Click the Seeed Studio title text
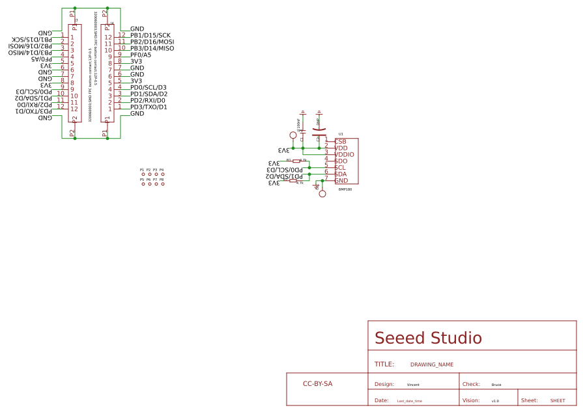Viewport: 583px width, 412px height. [x=428, y=338]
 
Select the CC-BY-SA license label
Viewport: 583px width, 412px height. [x=317, y=384]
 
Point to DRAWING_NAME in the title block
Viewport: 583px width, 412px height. [x=431, y=364]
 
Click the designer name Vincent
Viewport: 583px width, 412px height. [x=413, y=385]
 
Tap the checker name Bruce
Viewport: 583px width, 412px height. [x=496, y=385]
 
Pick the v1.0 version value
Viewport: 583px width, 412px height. [x=495, y=401]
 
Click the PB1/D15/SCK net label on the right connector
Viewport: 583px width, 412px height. [x=150, y=35]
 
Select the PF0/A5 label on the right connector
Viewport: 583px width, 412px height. [x=141, y=55]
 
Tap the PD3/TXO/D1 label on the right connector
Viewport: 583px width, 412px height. [x=149, y=107]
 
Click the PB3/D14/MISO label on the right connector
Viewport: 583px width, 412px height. [x=152, y=48]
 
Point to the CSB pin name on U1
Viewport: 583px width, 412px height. [x=341, y=141]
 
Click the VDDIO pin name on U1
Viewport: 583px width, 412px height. [x=344, y=154]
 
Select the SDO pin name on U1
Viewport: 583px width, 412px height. [x=341, y=161]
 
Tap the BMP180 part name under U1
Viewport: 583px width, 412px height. [x=345, y=189]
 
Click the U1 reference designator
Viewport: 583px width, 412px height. [x=341, y=134]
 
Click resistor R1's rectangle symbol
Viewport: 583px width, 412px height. [x=296, y=161]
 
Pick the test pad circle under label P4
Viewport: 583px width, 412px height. [x=162, y=174]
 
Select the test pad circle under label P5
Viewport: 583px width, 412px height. [x=143, y=184]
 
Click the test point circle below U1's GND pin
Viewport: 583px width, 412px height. [x=322, y=193]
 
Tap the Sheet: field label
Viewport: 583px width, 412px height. [x=529, y=401]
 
